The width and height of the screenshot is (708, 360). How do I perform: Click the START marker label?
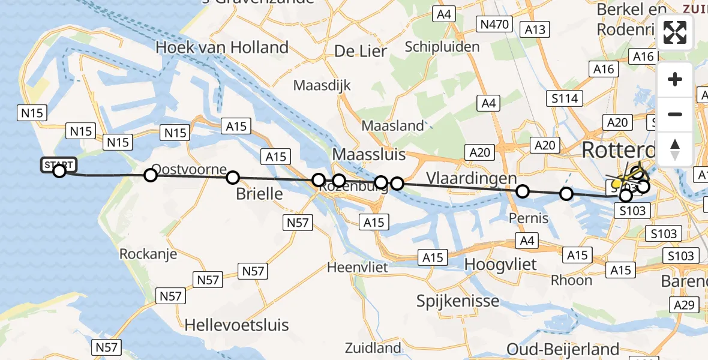(58, 164)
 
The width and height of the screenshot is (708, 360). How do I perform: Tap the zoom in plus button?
(675, 79)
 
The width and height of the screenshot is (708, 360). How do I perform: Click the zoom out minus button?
(675, 114)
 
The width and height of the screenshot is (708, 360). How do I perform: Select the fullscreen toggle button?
(675, 32)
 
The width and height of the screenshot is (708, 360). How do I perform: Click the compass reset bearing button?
(675, 149)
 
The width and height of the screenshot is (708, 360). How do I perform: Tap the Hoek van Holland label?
(222, 47)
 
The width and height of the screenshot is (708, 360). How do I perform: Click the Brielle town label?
(259, 194)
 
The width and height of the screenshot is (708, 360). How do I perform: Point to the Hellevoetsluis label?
(237, 325)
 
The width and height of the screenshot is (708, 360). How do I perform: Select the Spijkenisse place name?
(458, 301)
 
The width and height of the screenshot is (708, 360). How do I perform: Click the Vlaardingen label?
(472, 178)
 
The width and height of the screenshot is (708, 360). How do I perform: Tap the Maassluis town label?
(368, 154)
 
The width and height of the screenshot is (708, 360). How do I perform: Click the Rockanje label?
(148, 254)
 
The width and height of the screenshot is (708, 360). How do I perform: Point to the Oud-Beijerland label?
(563, 349)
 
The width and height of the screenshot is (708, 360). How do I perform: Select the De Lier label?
(361, 52)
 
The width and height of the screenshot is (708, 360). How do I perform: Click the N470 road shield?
(494, 25)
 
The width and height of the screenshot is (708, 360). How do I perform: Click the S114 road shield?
(565, 98)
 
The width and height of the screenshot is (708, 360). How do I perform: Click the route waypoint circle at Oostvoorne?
(151, 175)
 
